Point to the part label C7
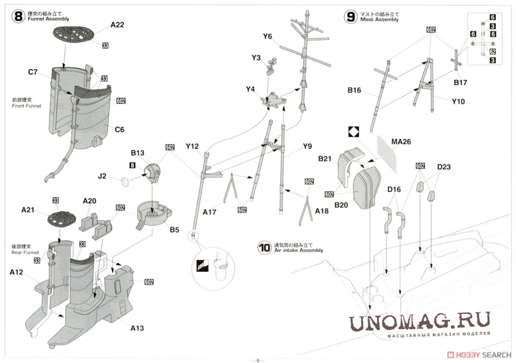point(33,72)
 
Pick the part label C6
point(119,129)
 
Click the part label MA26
point(401,142)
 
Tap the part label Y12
point(192,146)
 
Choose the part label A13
point(137,328)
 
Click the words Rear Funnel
point(25,252)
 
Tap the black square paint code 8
point(133,165)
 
